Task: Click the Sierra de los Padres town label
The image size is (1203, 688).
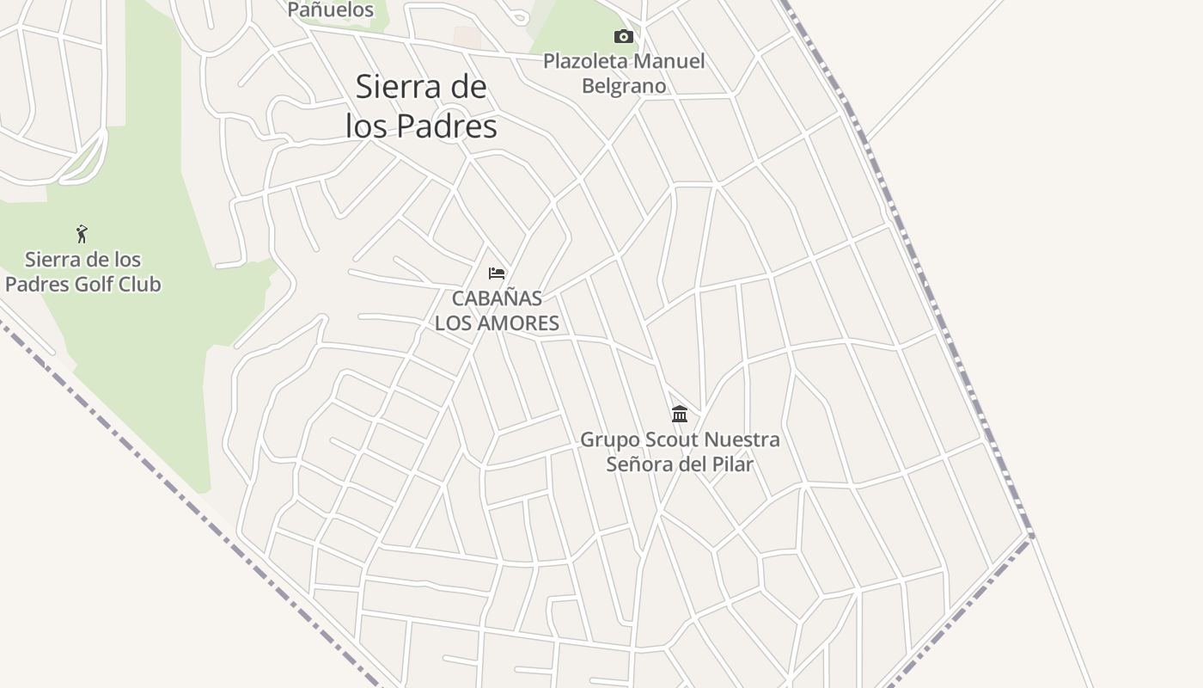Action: click(x=421, y=107)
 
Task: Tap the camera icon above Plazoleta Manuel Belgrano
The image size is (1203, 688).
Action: click(x=624, y=36)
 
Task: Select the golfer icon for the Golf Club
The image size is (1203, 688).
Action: click(x=82, y=233)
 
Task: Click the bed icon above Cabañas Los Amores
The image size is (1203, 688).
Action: click(x=497, y=273)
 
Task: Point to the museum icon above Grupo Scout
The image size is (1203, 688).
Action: click(x=680, y=415)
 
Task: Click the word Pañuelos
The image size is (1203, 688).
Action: click(x=331, y=9)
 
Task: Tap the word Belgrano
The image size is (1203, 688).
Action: click(x=624, y=86)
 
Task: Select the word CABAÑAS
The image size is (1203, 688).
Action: click(x=497, y=298)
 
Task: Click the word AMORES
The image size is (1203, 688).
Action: click(x=520, y=323)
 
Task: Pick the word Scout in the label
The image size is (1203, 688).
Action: click(x=670, y=439)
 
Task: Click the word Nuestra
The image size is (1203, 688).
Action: click(x=742, y=439)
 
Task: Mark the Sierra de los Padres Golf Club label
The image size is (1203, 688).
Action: click(x=82, y=272)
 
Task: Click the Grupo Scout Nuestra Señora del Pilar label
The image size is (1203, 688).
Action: click(x=680, y=451)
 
